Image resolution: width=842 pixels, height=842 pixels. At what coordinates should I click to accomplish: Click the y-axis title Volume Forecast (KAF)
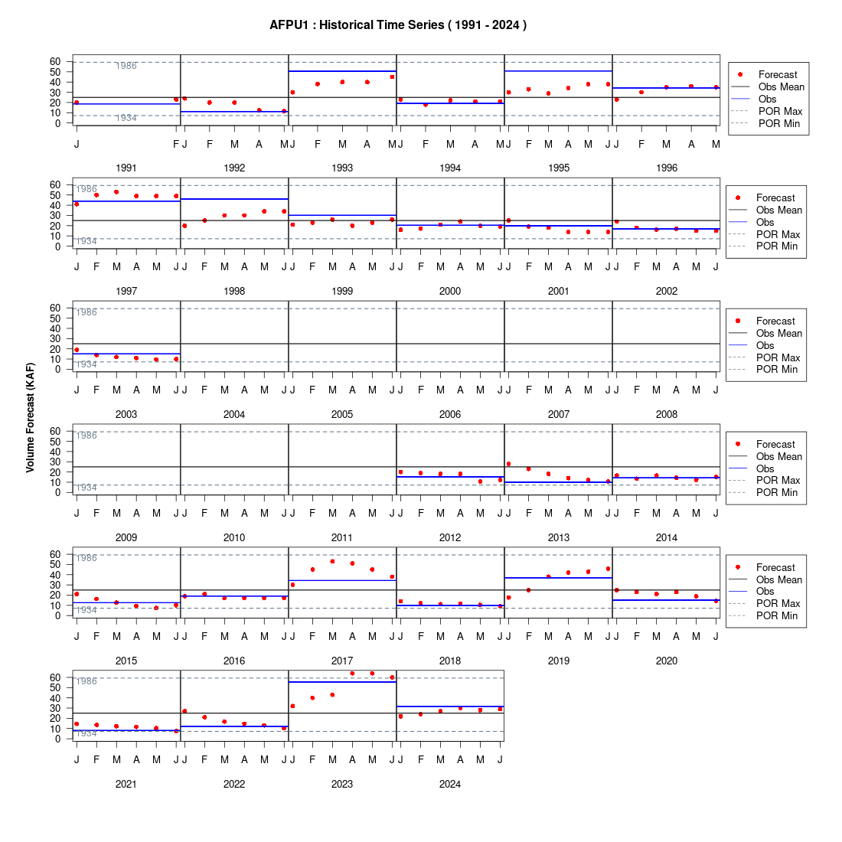click(x=30, y=418)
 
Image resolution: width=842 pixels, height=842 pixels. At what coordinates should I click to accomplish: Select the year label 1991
click(x=126, y=168)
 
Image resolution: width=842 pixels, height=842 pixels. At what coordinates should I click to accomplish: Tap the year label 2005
click(x=342, y=415)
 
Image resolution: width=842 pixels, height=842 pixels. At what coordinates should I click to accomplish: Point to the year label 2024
click(x=450, y=784)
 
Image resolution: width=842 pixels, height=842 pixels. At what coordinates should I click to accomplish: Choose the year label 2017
click(x=342, y=661)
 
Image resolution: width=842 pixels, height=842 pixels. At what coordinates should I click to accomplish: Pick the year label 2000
click(x=450, y=291)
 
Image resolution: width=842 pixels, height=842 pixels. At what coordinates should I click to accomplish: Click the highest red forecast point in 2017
click(x=332, y=562)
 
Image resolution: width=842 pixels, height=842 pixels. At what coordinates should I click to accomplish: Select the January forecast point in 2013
click(x=508, y=464)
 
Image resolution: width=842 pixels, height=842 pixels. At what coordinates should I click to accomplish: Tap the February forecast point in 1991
click(x=175, y=100)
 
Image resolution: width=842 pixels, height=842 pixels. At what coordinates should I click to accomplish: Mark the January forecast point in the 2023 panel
click(x=292, y=707)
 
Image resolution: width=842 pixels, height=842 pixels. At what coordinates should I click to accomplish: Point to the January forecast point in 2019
click(x=508, y=598)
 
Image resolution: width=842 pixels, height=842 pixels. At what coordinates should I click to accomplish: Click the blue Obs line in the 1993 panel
click(x=342, y=71)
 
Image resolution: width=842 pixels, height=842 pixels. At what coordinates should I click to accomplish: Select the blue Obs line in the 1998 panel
click(x=234, y=199)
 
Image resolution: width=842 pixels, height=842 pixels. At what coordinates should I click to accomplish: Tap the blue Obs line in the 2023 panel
click(x=342, y=682)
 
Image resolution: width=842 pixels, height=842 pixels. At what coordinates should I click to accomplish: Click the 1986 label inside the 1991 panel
click(x=126, y=66)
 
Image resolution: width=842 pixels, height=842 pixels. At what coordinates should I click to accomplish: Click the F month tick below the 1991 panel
click(x=175, y=145)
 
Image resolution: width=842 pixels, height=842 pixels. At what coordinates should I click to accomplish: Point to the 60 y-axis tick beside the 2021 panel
click(x=55, y=677)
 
